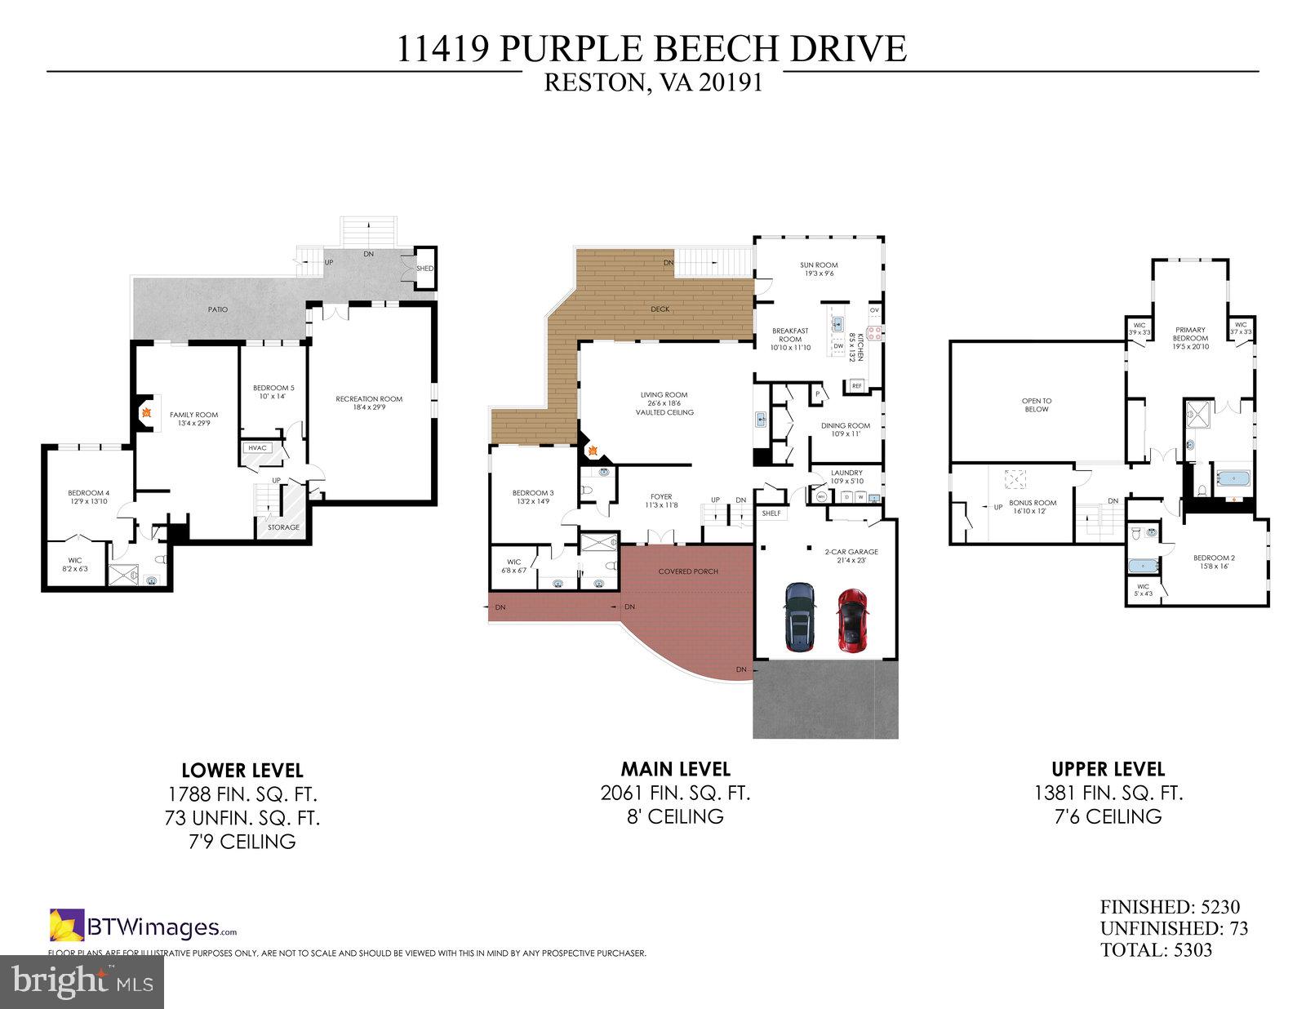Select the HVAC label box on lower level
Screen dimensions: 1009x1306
(x=257, y=447)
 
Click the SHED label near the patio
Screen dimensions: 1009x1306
(x=424, y=269)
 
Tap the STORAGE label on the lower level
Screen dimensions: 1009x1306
(x=283, y=527)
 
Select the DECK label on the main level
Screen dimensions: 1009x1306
(x=660, y=309)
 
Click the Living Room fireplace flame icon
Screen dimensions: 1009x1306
(x=593, y=450)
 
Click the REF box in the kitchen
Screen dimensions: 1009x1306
(x=857, y=386)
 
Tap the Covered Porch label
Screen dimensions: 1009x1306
(x=688, y=571)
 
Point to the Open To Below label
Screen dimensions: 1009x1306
(x=1036, y=405)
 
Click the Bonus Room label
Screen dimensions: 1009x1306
(x=1033, y=507)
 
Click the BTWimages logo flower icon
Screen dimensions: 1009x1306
(x=67, y=925)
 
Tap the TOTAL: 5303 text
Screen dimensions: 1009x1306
(x=1156, y=950)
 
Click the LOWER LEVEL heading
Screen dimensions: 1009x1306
(x=242, y=770)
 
